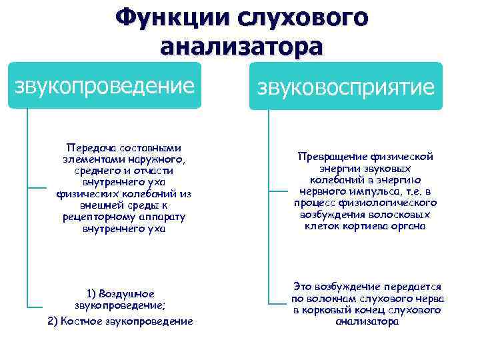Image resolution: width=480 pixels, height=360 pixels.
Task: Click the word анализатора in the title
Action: pyautogui.click(x=241, y=47)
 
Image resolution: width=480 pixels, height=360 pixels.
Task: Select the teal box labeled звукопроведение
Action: pyautogui.click(x=105, y=86)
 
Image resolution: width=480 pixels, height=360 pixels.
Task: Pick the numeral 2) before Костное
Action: pyautogui.click(x=54, y=321)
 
